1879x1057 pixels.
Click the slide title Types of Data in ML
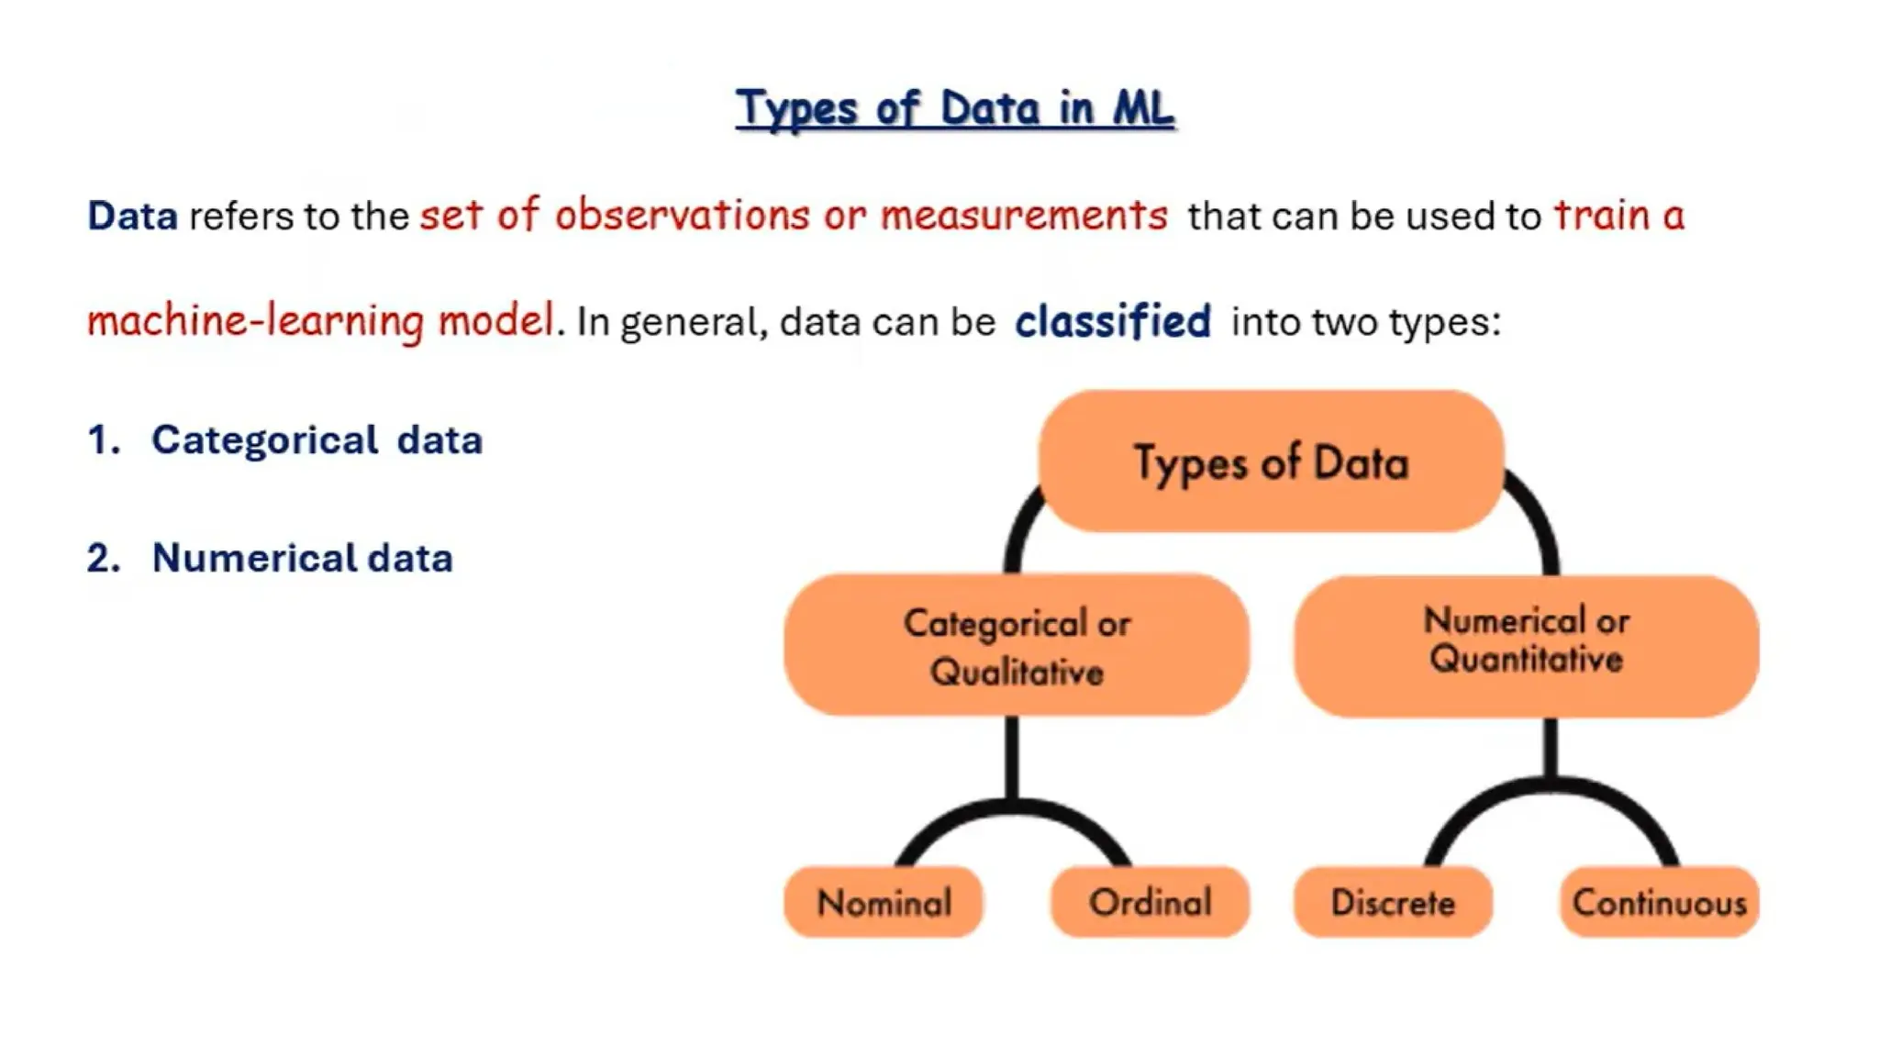(x=954, y=108)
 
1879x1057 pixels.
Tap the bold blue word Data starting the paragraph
(x=132, y=217)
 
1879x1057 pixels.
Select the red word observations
(x=682, y=215)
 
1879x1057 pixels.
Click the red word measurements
(x=1024, y=215)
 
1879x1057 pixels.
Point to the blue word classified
(x=1112, y=321)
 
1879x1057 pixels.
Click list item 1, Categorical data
(x=317, y=440)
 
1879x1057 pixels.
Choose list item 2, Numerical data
(x=302, y=558)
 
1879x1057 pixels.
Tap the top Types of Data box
(x=1271, y=462)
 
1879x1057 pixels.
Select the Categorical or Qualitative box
(x=1016, y=647)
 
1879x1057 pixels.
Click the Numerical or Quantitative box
(x=1526, y=645)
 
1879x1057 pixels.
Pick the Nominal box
(x=884, y=903)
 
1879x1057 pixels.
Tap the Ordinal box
(x=1150, y=903)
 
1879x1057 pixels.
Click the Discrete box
(x=1393, y=903)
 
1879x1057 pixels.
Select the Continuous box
(x=1659, y=903)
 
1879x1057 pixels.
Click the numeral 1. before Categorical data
(x=103, y=440)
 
